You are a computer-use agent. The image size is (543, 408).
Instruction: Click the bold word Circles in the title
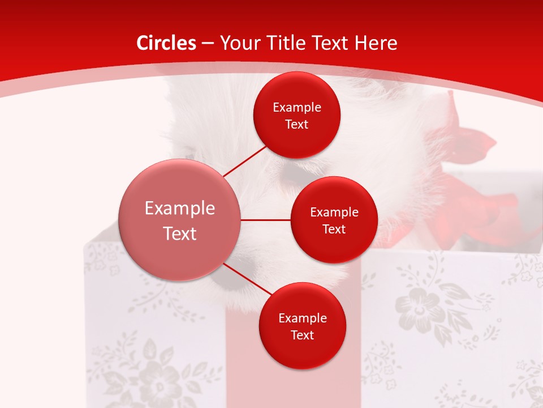point(166,43)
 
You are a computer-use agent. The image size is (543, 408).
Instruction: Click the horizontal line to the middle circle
point(265,220)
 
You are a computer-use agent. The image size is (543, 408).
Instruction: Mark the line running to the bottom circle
point(248,280)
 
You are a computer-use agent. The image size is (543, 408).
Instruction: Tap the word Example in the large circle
point(180,208)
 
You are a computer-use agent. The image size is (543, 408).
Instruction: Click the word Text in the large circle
point(180,233)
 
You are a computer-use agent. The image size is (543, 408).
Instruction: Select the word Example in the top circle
point(297,107)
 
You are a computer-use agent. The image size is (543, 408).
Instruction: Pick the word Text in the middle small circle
point(334,229)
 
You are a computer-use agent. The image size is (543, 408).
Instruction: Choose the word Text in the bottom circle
point(302,335)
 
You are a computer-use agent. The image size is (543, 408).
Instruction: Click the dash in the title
point(208,43)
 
